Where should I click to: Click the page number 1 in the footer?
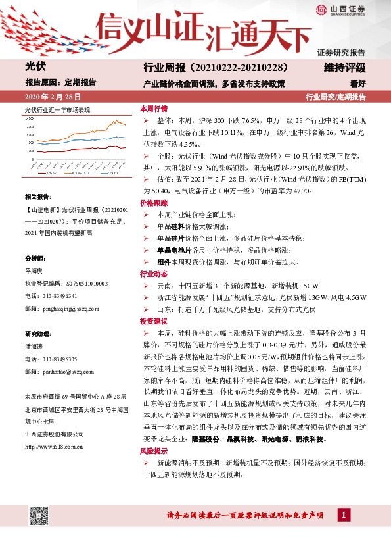click(343, 515)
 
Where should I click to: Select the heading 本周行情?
click(153, 108)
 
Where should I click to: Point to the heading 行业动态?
click(153, 273)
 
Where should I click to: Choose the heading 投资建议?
click(153, 320)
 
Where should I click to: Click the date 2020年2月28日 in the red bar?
click(49, 97)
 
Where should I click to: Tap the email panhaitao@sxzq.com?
click(62, 371)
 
